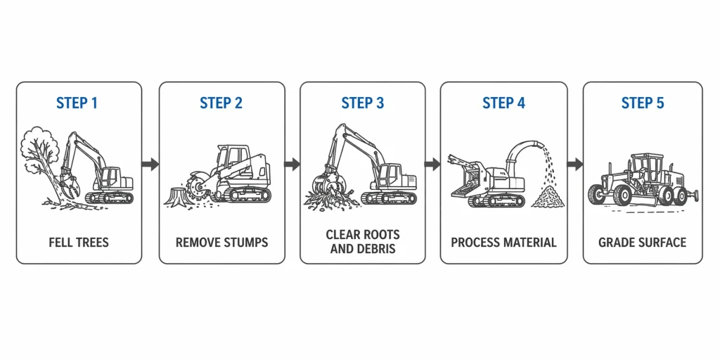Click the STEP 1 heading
(x=77, y=103)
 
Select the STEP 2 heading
(x=221, y=103)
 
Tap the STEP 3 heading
(x=363, y=103)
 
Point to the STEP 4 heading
(x=503, y=103)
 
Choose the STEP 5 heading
(x=642, y=103)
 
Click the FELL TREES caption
(x=79, y=243)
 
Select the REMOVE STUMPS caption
(x=221, y=243)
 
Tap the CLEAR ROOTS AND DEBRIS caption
(x=363, y=242)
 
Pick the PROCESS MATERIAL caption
(x=503, y=243)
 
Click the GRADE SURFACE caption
(x=642, y=243)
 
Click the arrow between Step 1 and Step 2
(x=150, y=164)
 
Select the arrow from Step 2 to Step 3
(x=292, y=164)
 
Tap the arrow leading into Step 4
(x=432, y=164)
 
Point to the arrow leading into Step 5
(x=574, y=164)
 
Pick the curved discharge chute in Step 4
(x=525, y=151)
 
